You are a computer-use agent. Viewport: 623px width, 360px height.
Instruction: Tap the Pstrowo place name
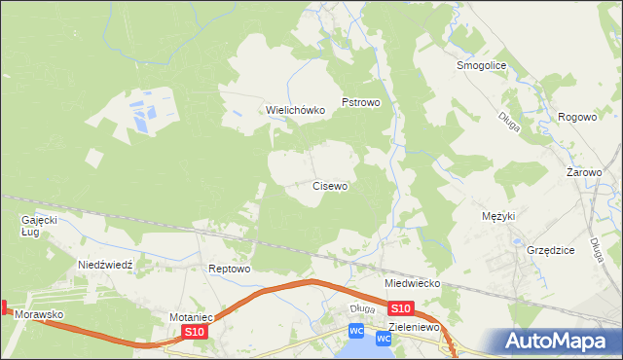(359, 101)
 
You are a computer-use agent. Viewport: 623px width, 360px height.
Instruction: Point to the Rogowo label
(576, 117)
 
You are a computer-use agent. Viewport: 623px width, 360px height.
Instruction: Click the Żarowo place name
(584, 172)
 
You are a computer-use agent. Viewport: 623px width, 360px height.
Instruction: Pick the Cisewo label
(330, 185)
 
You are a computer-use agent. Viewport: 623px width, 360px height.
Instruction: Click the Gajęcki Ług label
(40, 226)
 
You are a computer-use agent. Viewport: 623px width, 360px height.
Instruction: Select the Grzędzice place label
(550, 250)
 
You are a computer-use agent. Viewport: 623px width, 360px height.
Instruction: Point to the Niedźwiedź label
(111, 265)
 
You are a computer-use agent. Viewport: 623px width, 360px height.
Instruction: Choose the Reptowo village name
(230, 269)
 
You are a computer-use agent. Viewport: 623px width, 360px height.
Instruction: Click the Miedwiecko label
(413, 283)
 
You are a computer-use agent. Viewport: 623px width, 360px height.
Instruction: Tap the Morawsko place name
(39, 315)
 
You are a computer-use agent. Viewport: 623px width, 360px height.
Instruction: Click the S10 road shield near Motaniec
(195, 332)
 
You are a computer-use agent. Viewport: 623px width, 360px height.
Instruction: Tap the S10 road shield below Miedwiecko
(403, 307)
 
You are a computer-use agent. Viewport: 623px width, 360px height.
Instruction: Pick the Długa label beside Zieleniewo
(361, 309)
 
